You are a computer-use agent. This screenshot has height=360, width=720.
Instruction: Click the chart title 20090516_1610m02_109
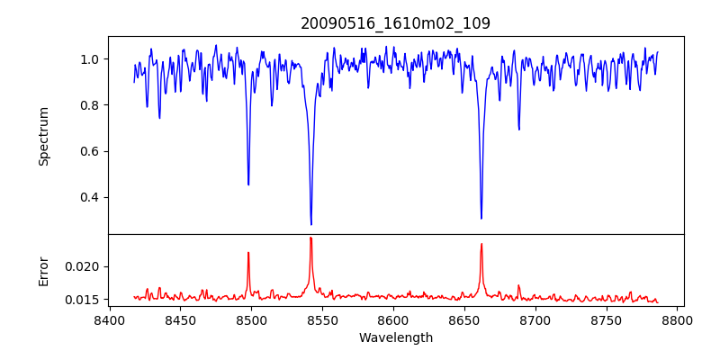(x=395, y=23)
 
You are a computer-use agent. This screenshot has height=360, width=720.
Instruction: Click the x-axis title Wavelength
(x=395, y=338)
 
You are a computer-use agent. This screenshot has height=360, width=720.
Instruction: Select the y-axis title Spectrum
(x=43, y=136)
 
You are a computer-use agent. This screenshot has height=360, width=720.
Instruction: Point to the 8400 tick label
(x=109, y=319)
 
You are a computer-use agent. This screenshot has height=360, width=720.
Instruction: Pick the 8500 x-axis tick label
(x=251, y=319)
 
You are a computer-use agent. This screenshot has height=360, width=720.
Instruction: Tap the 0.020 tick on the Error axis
(x=85, y=266)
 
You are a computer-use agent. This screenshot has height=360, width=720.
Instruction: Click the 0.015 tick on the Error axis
(x=85, y=299)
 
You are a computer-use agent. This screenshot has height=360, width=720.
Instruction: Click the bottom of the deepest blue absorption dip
(x=311, y=224)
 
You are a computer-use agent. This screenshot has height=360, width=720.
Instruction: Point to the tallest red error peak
(x=310, y=238)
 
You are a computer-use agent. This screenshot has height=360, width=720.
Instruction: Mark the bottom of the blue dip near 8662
(x=481, y=218)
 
